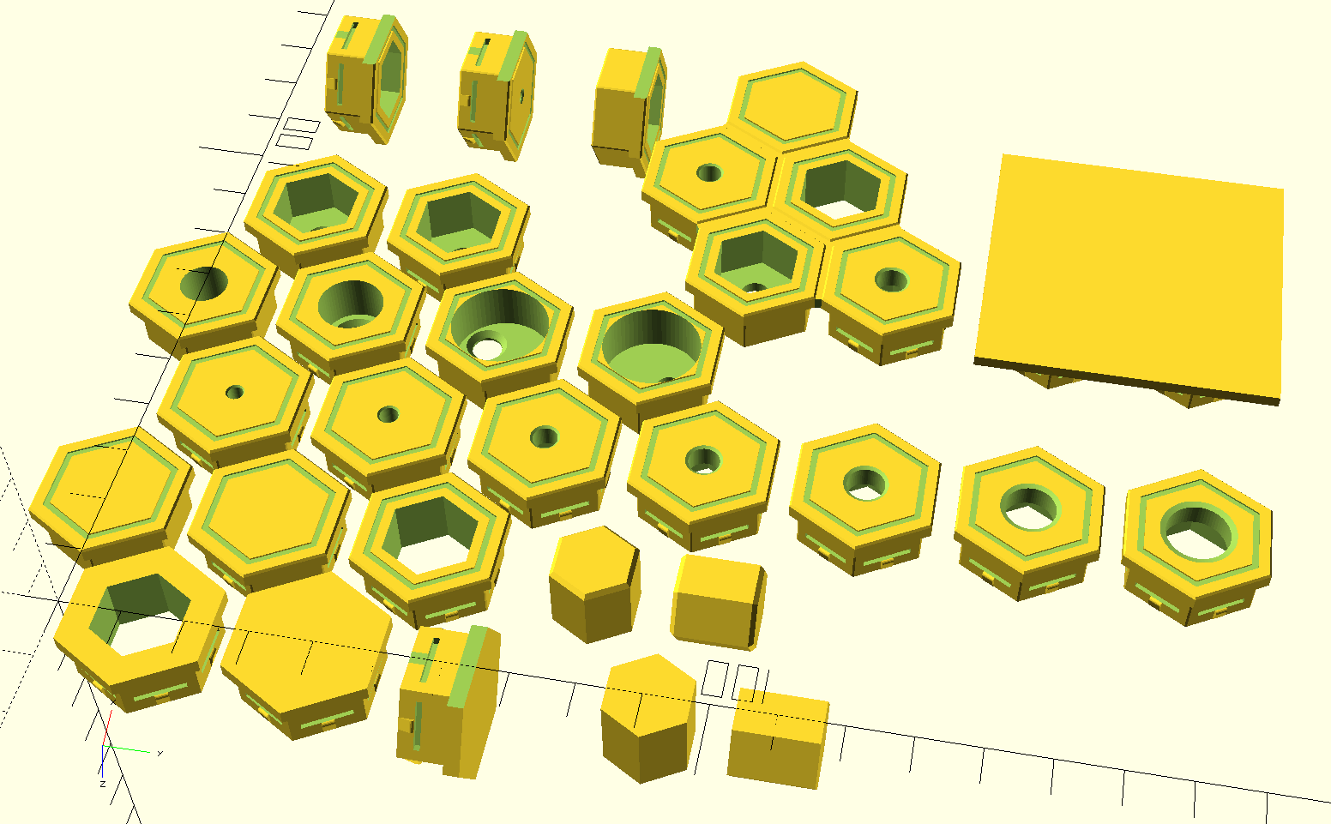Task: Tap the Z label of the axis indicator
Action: coord(102,784)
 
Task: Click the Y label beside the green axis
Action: coord(160,753)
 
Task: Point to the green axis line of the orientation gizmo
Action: coord(129,749)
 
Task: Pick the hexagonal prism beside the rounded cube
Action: coord(593,583)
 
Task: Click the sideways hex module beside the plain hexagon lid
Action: coord(446,699)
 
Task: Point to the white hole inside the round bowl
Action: coord(487,349)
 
